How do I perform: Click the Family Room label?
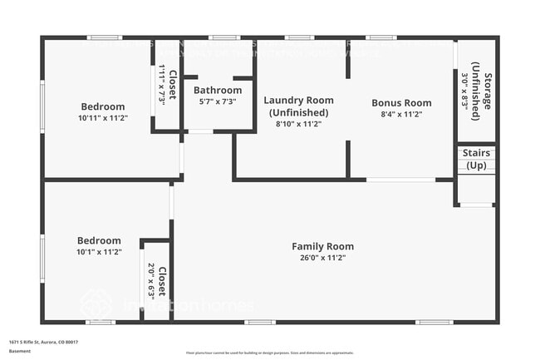(x=322, y=246)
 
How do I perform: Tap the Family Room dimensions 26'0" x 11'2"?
(x=322, y=258)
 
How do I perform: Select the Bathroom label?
(x=218, y=90)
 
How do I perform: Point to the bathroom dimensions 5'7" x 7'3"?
(x=218, y=101)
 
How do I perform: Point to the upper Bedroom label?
(x=103, y=106)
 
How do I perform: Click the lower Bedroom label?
(x=99, y=240)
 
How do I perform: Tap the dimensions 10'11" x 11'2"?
(x=103, y=118)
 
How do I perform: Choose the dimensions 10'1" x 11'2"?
(x=99, y=252)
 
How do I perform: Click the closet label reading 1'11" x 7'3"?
(x=167, y=85)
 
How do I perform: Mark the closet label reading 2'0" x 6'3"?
(x=157, y=281)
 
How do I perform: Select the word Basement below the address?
(x=19, y=351)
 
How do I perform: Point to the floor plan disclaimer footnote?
(x=270, y=353)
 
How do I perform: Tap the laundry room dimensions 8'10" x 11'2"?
(x=299, y=124)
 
